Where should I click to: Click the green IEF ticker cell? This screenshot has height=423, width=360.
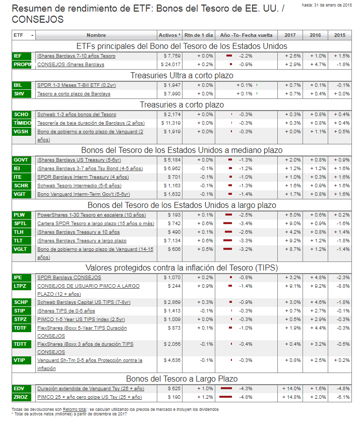tap(23, 56)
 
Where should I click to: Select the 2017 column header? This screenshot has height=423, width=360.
tap(290, 35)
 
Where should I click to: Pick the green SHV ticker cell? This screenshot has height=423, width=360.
tap(23, 94)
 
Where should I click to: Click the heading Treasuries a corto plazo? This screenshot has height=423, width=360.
tap(182, 104)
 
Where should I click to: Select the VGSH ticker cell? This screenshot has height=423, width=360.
tap(23, 132)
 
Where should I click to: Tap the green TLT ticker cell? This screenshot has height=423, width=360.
tap(23, 241)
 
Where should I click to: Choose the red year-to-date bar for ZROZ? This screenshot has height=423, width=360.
tap(225, 397)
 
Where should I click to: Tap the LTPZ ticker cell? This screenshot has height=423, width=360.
tap(23, 286)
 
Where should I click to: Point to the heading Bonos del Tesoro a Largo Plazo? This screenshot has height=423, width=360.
tap(182, 379)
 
